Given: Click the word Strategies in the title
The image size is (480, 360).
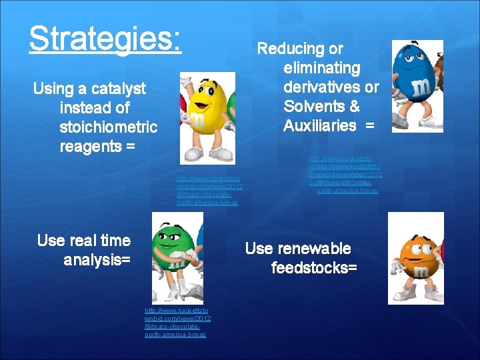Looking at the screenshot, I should pos(104,39).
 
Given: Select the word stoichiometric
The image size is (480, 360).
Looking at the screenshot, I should pos(108,127).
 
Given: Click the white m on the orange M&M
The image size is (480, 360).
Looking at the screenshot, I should pos(421,272).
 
